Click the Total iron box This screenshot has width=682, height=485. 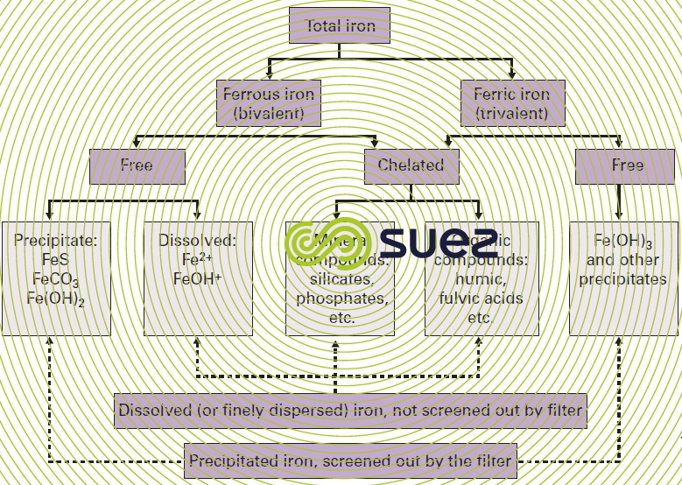[339, 26]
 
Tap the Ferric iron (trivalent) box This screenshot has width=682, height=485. [511, 103]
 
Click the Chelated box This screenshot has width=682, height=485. [411, 165]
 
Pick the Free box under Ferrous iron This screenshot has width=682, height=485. [137, 165]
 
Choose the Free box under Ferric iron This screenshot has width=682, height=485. [627, 165]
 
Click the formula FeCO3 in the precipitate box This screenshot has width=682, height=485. [57, 280]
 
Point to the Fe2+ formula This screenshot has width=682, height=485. [197, 260]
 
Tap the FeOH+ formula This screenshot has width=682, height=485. [197, 280]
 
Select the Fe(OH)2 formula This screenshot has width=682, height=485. [57, 299]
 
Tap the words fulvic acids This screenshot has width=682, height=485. [481, 299]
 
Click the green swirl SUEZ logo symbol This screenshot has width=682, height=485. [325, 237]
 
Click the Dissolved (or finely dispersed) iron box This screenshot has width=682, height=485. [349, 410]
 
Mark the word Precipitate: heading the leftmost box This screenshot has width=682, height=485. [57, 240]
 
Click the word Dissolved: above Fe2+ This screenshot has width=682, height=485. [197, 240]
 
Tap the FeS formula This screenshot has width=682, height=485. [57, 260]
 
